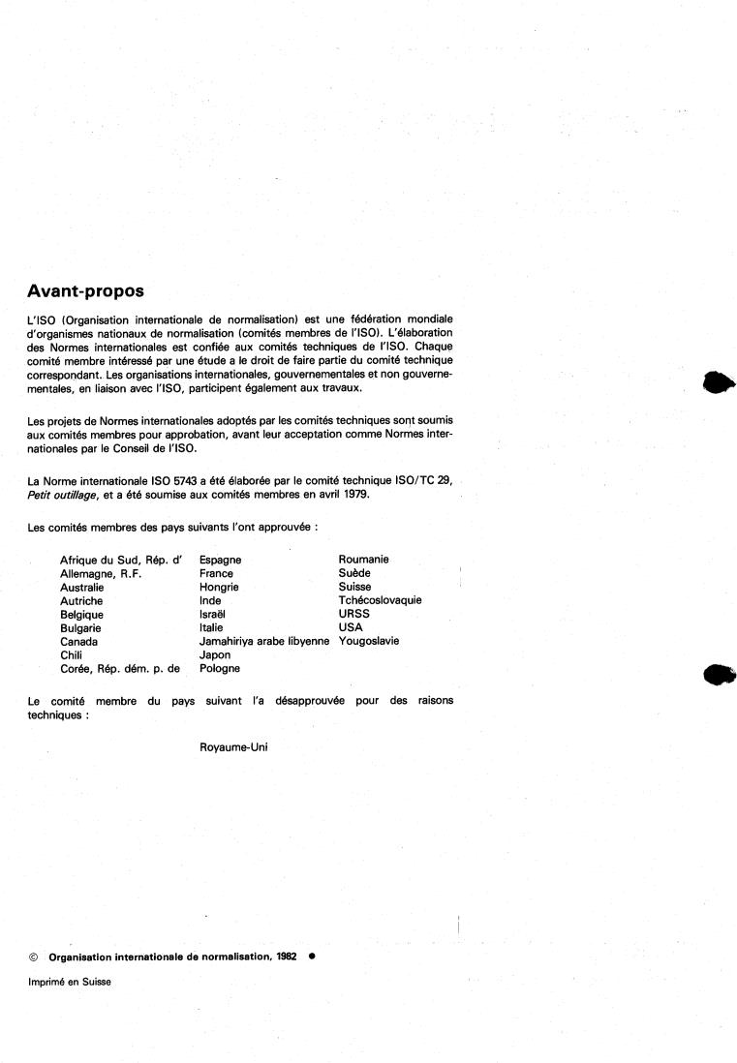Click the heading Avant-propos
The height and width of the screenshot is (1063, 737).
[x=87, y=290]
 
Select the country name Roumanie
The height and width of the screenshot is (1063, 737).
[x=364, y=560]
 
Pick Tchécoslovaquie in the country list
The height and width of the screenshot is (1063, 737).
[x=380, y=600]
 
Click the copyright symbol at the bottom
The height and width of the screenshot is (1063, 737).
[x=34, y=957]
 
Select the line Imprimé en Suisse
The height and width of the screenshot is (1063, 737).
[x=70, y=982]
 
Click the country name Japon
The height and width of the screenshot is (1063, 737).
[x=215, y=654]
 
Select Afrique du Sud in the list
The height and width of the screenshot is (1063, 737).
[x=99, y=560]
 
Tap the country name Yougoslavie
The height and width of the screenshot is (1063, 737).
[x=368, y=641]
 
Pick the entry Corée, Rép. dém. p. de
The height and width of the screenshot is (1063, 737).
[x=120, y=668]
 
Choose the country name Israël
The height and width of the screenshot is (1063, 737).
[x=214, y=614]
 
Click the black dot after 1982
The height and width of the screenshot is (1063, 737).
[x=312, y=957]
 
